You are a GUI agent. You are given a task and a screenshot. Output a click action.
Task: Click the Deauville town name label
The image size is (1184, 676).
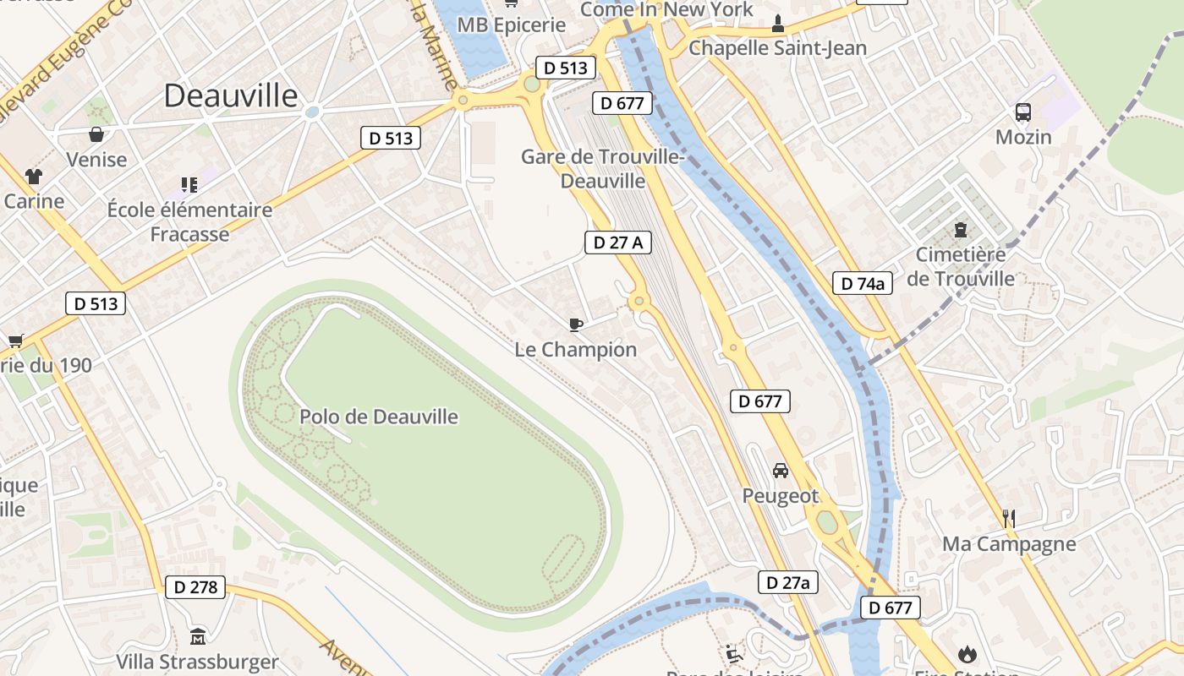click(231, 95)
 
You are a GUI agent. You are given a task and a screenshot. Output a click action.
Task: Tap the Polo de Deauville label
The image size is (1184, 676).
click(379, 417)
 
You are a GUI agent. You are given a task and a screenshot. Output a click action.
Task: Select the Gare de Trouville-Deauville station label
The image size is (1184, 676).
click(602, 169)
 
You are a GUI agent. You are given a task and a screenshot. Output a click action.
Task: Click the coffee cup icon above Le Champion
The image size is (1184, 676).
click(576, 324)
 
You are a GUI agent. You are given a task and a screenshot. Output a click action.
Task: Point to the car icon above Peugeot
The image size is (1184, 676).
click(781, 471)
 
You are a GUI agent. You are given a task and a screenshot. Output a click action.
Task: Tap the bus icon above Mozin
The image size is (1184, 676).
click(1023, 112)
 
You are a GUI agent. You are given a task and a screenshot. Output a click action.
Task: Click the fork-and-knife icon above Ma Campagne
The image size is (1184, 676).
click(1008, 518)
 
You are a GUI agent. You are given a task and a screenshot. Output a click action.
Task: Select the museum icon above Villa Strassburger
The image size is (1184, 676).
click(198, 636)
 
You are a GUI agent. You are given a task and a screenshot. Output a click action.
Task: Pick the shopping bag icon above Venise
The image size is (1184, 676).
click(96, 134)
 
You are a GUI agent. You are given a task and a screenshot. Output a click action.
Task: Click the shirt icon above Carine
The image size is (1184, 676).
click(34, 177)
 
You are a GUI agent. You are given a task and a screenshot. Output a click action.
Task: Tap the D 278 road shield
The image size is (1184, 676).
click(195, 587)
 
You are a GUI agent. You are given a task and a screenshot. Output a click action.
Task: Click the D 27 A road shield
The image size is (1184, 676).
click(618, 243)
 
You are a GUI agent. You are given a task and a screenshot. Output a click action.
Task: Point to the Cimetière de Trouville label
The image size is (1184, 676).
click(961, 266)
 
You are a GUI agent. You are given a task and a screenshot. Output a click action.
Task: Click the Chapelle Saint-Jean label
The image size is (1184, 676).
click(777, 48)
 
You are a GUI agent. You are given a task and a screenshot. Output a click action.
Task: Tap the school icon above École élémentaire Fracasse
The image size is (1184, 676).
click(189, 184)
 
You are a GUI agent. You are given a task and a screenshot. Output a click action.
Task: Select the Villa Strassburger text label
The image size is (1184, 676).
click(197, 662)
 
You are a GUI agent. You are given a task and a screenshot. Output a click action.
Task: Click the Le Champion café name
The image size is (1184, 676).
click(576, 349)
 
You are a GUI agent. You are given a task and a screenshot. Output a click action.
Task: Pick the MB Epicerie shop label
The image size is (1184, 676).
click(511, 25)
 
